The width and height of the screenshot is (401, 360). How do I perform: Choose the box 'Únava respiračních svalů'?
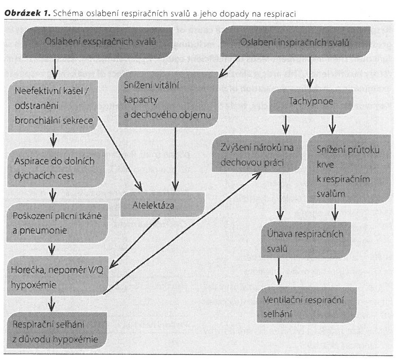306,239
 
